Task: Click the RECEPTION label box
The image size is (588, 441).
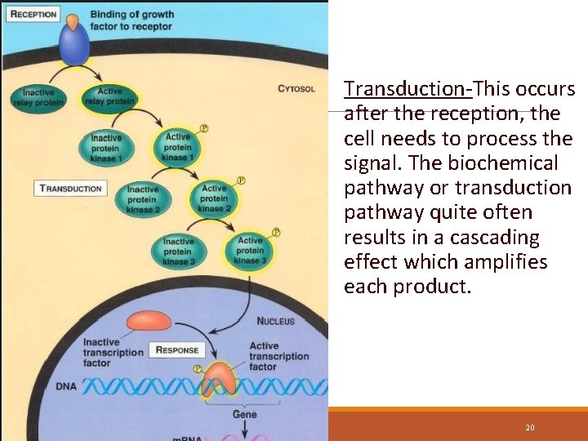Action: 33,15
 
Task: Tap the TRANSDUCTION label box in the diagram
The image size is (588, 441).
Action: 71,189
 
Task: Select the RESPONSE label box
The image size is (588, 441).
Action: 176,350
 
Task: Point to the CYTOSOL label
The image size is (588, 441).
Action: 296,88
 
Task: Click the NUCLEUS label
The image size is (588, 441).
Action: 275,321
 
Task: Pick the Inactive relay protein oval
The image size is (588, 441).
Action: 38,98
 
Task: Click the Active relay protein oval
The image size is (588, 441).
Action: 109,98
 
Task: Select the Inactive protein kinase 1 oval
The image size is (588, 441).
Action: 106,148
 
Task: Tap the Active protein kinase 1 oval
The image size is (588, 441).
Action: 177,147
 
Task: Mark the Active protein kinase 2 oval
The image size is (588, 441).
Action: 214,198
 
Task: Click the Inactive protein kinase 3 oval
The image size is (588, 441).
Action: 178,252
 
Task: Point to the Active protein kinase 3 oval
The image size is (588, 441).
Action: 250,250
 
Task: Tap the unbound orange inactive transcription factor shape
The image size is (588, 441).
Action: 148,320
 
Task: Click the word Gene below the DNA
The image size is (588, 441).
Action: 244,414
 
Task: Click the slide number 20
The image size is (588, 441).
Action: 530,427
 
